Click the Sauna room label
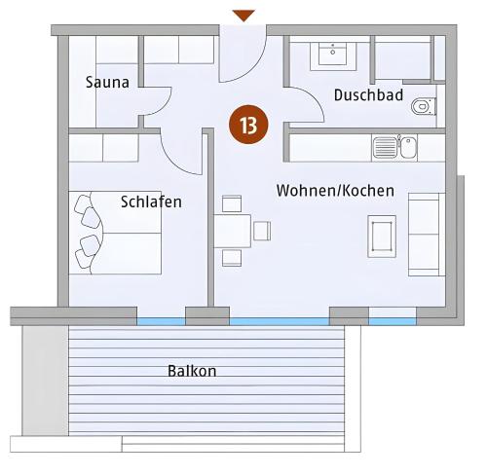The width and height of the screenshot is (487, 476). pos(107,82)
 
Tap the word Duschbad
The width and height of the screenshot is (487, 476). pos(368,95)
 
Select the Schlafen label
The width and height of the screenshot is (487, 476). pos(151,201)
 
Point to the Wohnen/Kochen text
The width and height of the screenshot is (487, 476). pos(335,190)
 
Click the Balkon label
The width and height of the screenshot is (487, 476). pos(192,371)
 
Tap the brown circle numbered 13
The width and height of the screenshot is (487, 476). pos(248,125)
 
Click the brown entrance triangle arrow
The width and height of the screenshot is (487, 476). pos(243,16)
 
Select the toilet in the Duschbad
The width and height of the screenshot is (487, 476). pos(424,106)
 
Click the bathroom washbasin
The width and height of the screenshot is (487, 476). pos(333,54)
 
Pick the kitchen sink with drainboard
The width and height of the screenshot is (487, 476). pos(395,148)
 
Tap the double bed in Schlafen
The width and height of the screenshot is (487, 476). pos(115,233)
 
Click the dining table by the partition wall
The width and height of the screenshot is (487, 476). pos(233,231)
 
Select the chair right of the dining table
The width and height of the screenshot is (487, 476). pos(262,231)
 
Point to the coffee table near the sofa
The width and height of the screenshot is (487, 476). pos(382,237)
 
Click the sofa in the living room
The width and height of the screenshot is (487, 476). pos(427,235)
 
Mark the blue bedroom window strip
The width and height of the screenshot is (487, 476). pos(161,321)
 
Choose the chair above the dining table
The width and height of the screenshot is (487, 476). pos(232,203)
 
